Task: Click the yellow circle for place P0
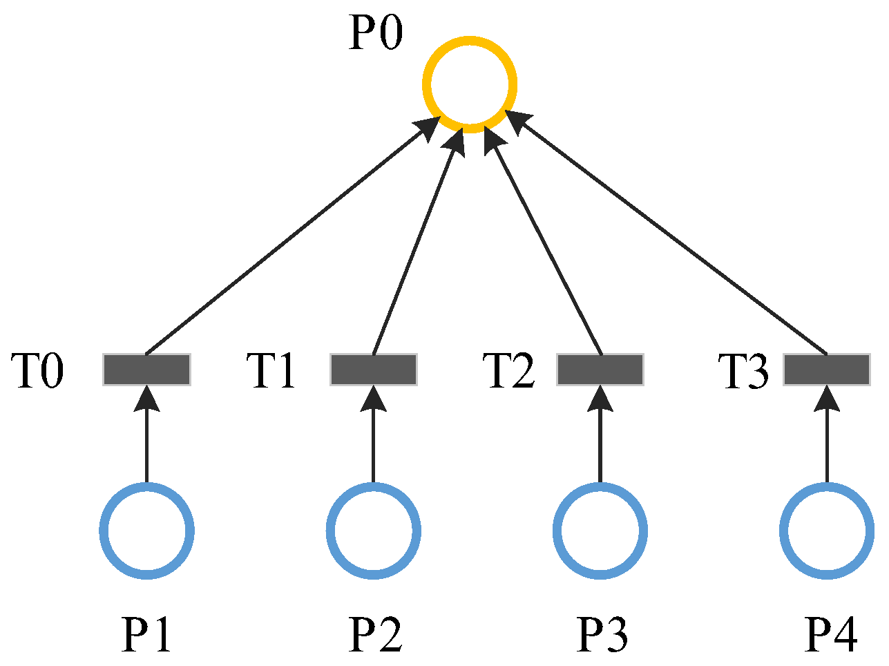coord(470,85)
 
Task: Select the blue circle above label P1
coord(146,531)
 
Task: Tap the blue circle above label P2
coord(374,531)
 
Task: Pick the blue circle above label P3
coord(600,531)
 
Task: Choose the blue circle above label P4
coord(827,531)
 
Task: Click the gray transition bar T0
coord(146,370)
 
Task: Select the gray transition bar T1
coord(374,370)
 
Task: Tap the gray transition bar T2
coord(600,370)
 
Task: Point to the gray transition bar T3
coord(827,370)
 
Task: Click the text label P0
coord(375,33)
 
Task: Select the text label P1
coord(146,634)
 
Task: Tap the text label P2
coord(375,634)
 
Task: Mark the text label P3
coord(602,634)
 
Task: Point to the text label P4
coord(831,634)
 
